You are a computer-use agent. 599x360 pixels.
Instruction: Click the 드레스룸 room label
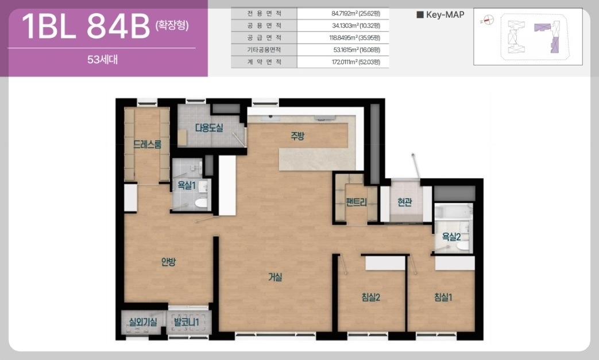click(147, 144)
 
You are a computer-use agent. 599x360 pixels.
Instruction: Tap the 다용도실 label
click(209, 128)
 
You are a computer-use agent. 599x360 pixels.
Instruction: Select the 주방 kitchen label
click(297, 136)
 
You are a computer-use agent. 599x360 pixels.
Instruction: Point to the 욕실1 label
click(187, 185)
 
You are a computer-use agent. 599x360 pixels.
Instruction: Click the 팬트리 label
click(356, 202)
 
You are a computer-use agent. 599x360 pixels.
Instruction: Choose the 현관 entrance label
click(404, 202)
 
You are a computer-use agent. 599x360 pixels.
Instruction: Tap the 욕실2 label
click(451, 237)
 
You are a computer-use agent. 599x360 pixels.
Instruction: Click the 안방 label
click(168, 262)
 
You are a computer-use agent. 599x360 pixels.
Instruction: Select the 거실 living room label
click(275, 277)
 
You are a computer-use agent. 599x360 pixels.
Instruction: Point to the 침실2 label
click(370, 297)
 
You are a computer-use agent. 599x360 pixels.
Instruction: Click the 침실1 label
click(443, 297)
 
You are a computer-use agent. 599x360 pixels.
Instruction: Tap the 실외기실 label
click(143, 322)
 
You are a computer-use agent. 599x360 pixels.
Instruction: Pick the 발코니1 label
click(187, 322)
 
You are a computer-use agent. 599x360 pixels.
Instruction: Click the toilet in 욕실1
click(202, 203)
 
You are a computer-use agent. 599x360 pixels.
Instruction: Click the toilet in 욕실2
click(463, 245)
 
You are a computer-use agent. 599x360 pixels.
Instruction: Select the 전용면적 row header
click(264, 13)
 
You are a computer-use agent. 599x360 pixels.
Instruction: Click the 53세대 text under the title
click(102, 60)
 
